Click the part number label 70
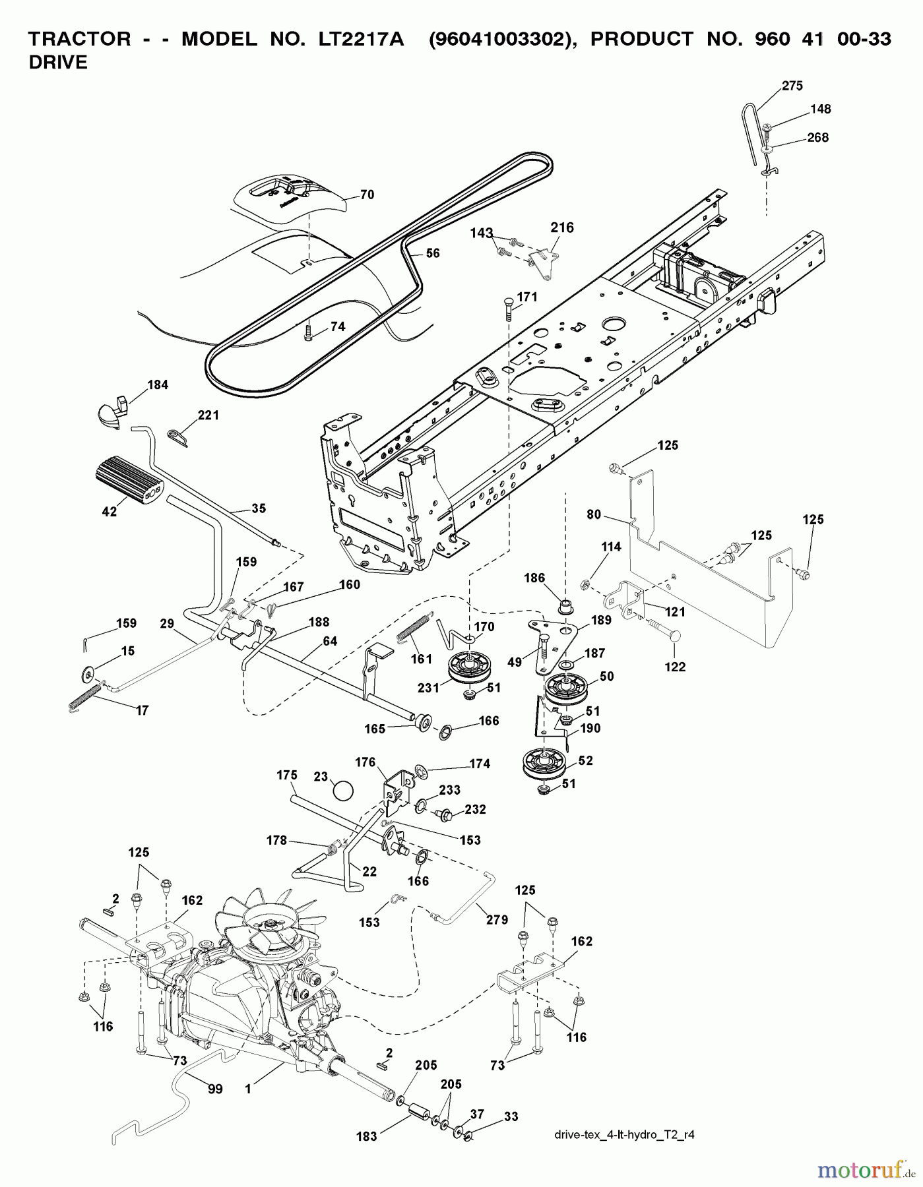click(367, 195)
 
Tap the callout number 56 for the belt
click(433, 253)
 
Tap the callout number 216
click(562, 228)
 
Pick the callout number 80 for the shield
click(594, 514)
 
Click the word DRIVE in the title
click(58, 63)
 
